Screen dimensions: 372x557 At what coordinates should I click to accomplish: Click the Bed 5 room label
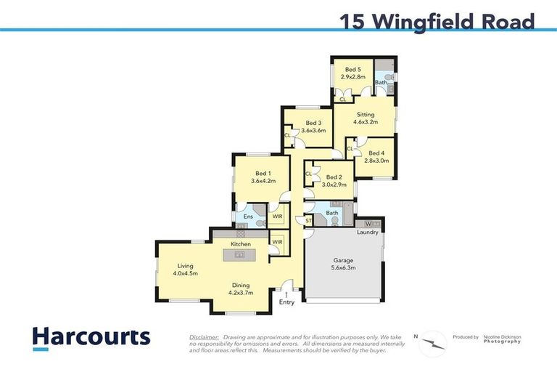(x=353, y=70)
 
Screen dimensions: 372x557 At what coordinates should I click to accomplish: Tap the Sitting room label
(x=366, y=115)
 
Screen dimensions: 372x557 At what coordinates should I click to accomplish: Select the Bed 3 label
(x=313, y=123)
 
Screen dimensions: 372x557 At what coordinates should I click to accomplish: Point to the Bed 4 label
(x=376, y=153)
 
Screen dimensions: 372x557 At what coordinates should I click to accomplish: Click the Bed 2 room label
(x=334, y=177)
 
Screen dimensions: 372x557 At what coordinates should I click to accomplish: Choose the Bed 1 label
(x=263, y=174)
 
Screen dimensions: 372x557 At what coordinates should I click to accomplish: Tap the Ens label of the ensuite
(x=247, y=217)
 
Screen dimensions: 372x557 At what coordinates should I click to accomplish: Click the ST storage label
(x=308, y=221)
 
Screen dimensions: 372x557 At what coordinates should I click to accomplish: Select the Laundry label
(x=368, y=232)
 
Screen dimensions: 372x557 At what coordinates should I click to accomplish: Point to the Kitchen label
(x=241, y=244)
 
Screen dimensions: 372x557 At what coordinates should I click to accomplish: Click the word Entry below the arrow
(x=287, y=302)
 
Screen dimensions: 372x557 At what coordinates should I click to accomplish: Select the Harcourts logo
(x=91, y=338)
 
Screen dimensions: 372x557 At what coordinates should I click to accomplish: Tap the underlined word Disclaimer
(x=204, y=338)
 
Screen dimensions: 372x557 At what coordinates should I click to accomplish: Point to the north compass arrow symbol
(x=434, y=340)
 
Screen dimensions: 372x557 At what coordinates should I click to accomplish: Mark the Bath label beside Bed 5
(x=380, y=83)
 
